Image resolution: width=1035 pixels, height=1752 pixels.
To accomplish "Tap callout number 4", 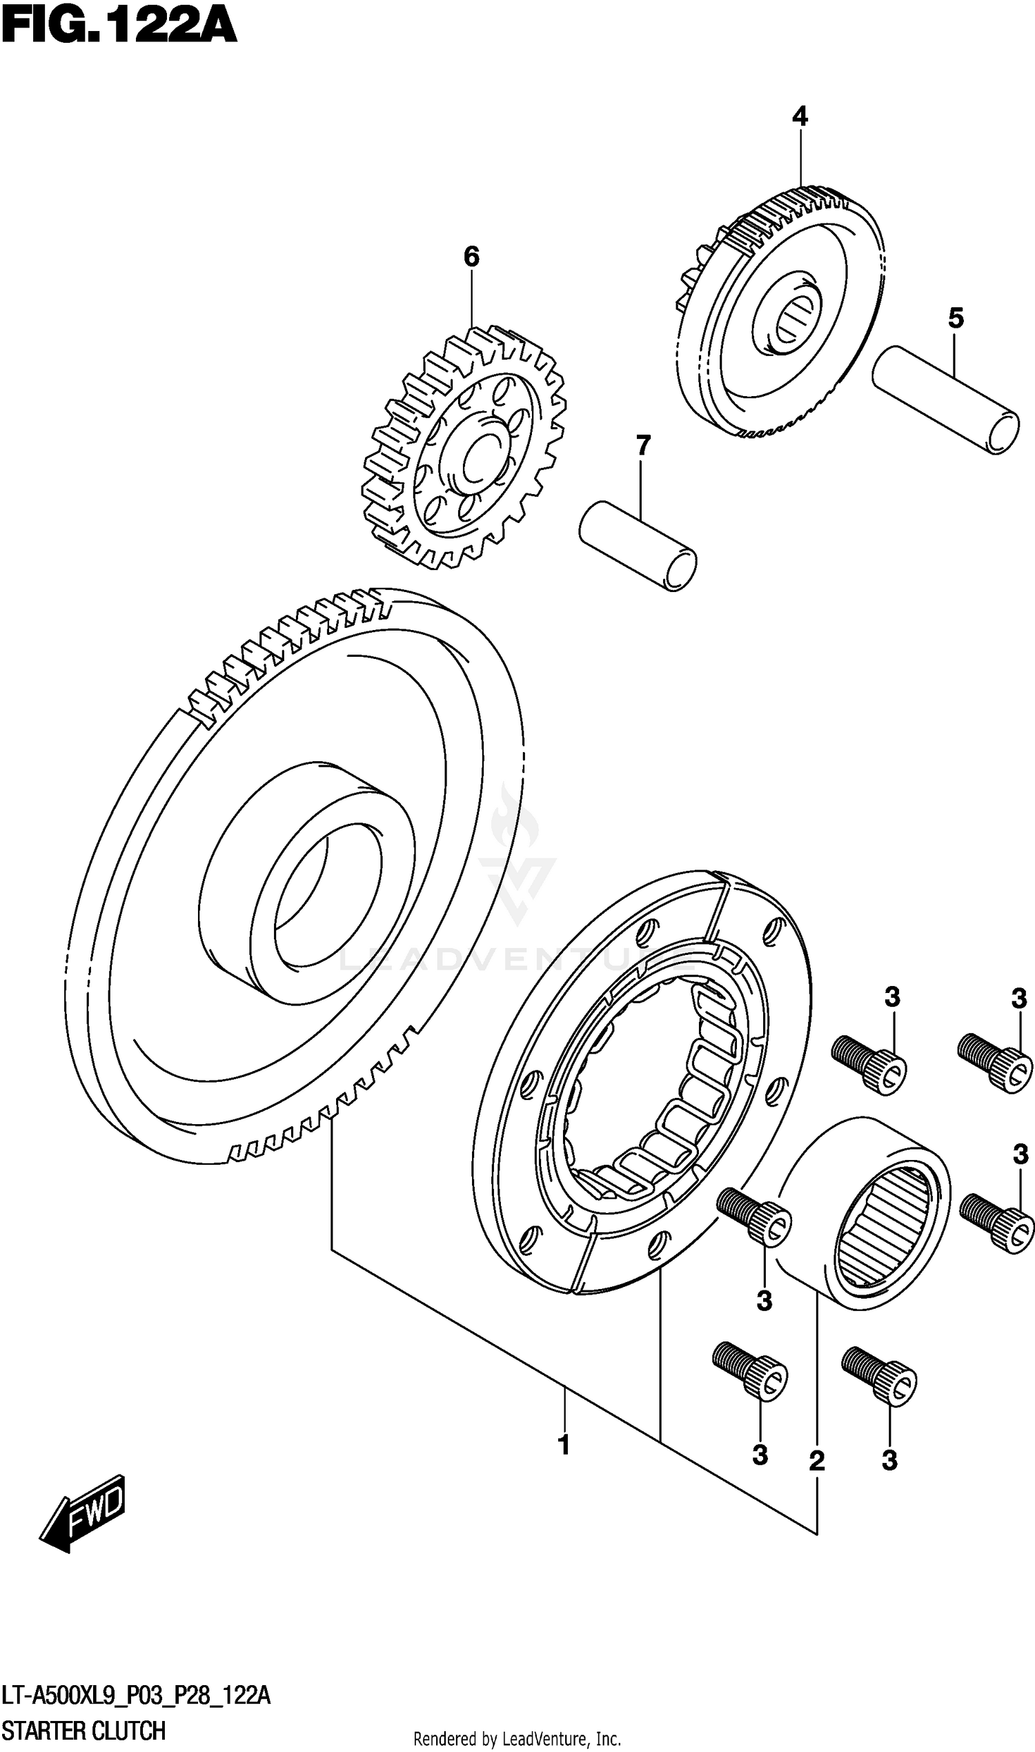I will [x=799, y=116].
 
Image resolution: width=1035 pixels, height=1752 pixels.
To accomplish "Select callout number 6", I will [x=471, y=257].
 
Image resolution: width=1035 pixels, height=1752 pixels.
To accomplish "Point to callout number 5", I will [x=956, y=318].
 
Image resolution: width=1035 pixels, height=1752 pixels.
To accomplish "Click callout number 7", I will [x=642, y=445].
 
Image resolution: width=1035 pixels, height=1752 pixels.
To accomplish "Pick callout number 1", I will [x=564, y=1444].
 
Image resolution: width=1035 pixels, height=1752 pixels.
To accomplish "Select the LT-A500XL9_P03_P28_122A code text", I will [x=136, y=1695].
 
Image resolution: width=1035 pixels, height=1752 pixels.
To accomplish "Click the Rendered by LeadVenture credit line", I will [x=517, y=1739].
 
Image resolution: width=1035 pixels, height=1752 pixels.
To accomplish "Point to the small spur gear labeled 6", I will [x=464, y=446].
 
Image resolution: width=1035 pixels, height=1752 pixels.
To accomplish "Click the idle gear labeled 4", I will [x=781, y=314].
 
